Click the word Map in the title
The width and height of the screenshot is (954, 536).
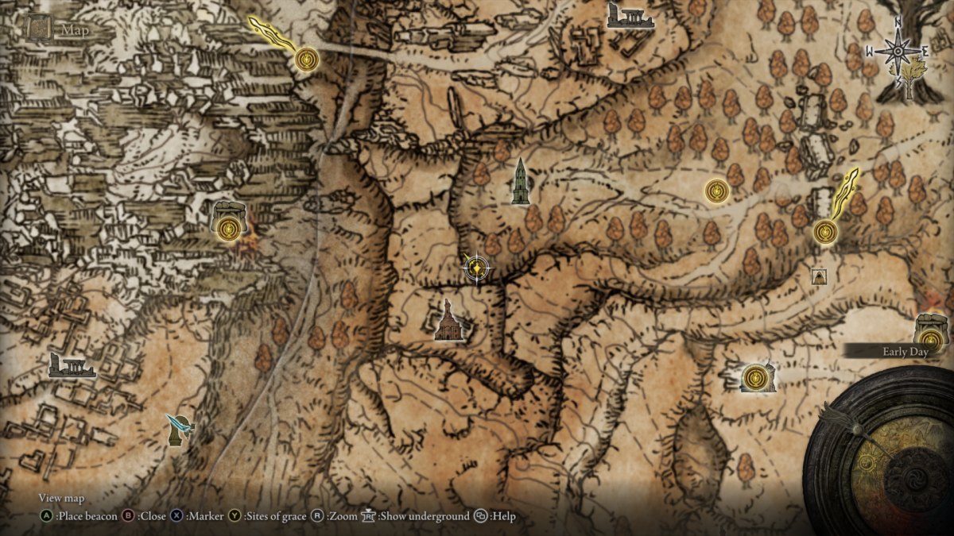click(76, 31)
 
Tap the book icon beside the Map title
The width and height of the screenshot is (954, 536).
click(39, 29)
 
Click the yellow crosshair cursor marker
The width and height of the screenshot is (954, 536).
click(475, 269)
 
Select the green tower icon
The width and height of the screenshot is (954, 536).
click(521, 182)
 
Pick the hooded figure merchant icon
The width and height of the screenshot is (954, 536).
click(819, 276)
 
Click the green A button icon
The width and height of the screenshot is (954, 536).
click(47, 516)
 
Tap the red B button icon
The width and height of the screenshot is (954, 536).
click(128, 516)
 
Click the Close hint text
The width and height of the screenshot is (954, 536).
click(152, 516)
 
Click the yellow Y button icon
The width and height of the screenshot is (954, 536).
click(235, 516)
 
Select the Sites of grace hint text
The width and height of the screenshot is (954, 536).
click(275, 516)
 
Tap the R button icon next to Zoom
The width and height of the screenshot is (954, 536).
click(316, 516)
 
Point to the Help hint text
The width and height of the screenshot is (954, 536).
click(502, 516)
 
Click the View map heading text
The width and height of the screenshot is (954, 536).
click(61, 499)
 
